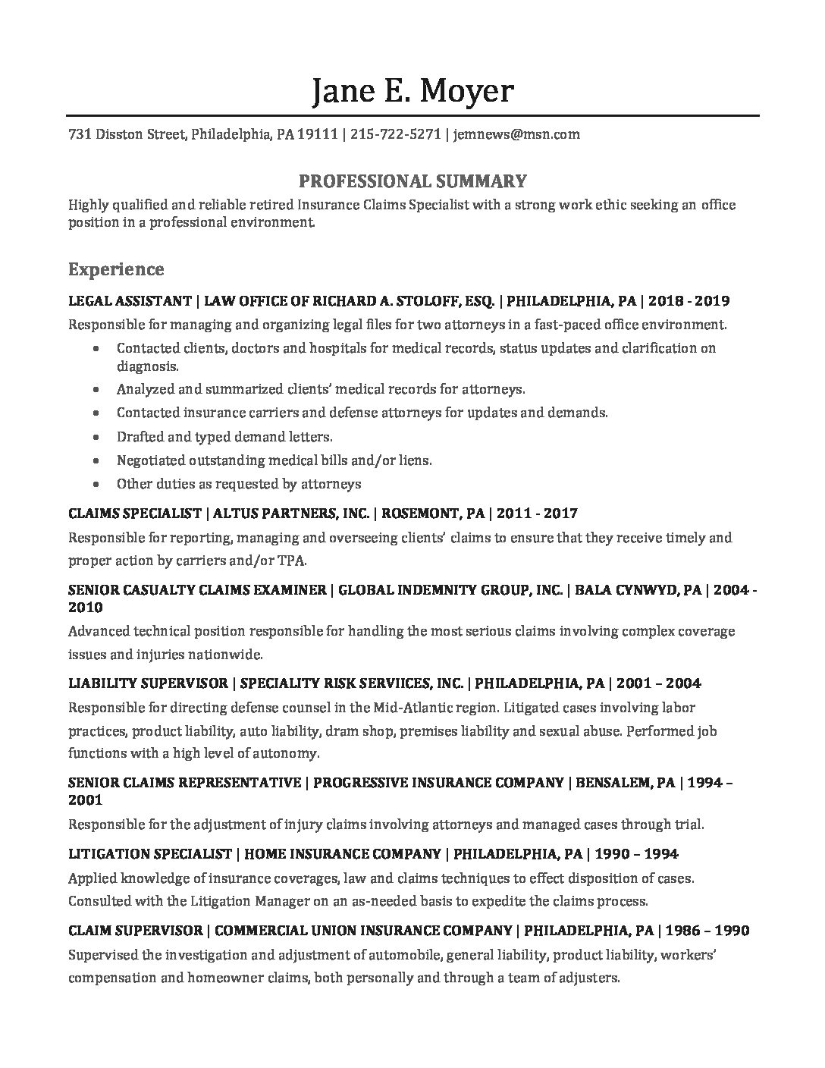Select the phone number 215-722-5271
[397, 135]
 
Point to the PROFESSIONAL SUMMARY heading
[412, 181]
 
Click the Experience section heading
[116, 269]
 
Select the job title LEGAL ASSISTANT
[130, 301]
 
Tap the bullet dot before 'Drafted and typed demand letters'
[95, 438]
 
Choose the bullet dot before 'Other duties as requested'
[95, 484]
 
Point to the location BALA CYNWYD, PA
[638, 589]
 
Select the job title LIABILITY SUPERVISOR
[148, 683]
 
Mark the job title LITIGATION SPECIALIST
[149, 854]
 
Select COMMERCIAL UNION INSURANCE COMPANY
[365, 931]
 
